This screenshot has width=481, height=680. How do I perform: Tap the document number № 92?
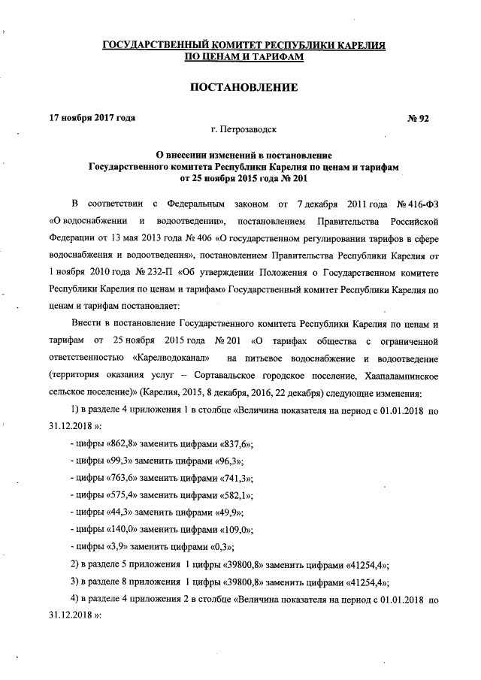pyautogui.click(x=418, y=118)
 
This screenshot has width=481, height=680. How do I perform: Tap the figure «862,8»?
pyautogui.click(x=122, y=443)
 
